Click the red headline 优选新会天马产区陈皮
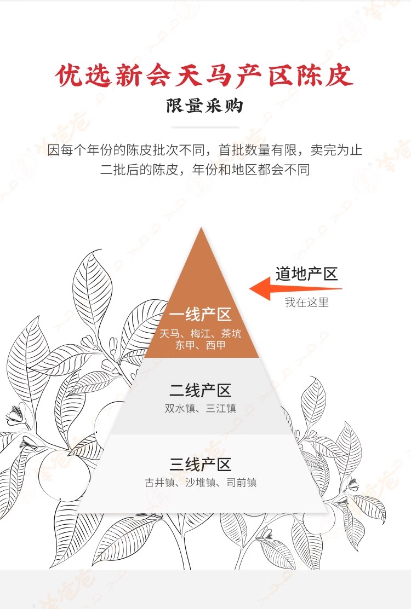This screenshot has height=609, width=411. pyautogui.click(x=205, y=76)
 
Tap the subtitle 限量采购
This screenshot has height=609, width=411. pyautogui.click(x=205, y=106)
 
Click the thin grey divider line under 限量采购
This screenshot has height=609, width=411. pyautogui.click(x=205, y=127)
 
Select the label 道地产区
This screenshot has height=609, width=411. pyautogui.click(x=306, y=274)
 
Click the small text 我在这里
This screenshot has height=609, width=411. pyautogui.click(x=306, y=302)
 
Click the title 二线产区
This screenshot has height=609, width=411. pyautogui.click(x=200, y=391)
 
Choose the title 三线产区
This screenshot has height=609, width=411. pyautogui.click(x=200, y=465)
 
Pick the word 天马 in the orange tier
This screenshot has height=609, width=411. pyautogui.click(x=169, y=333)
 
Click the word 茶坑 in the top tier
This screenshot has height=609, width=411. pyautogui.click(x=231, y=333)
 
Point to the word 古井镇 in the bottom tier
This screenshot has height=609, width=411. pyautogui.click(x=158, y=483)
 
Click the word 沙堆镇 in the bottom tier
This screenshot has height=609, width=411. pyautogui.click(x=199, y=483)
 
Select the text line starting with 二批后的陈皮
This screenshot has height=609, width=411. pyautogui.click(x=205, y=170)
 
